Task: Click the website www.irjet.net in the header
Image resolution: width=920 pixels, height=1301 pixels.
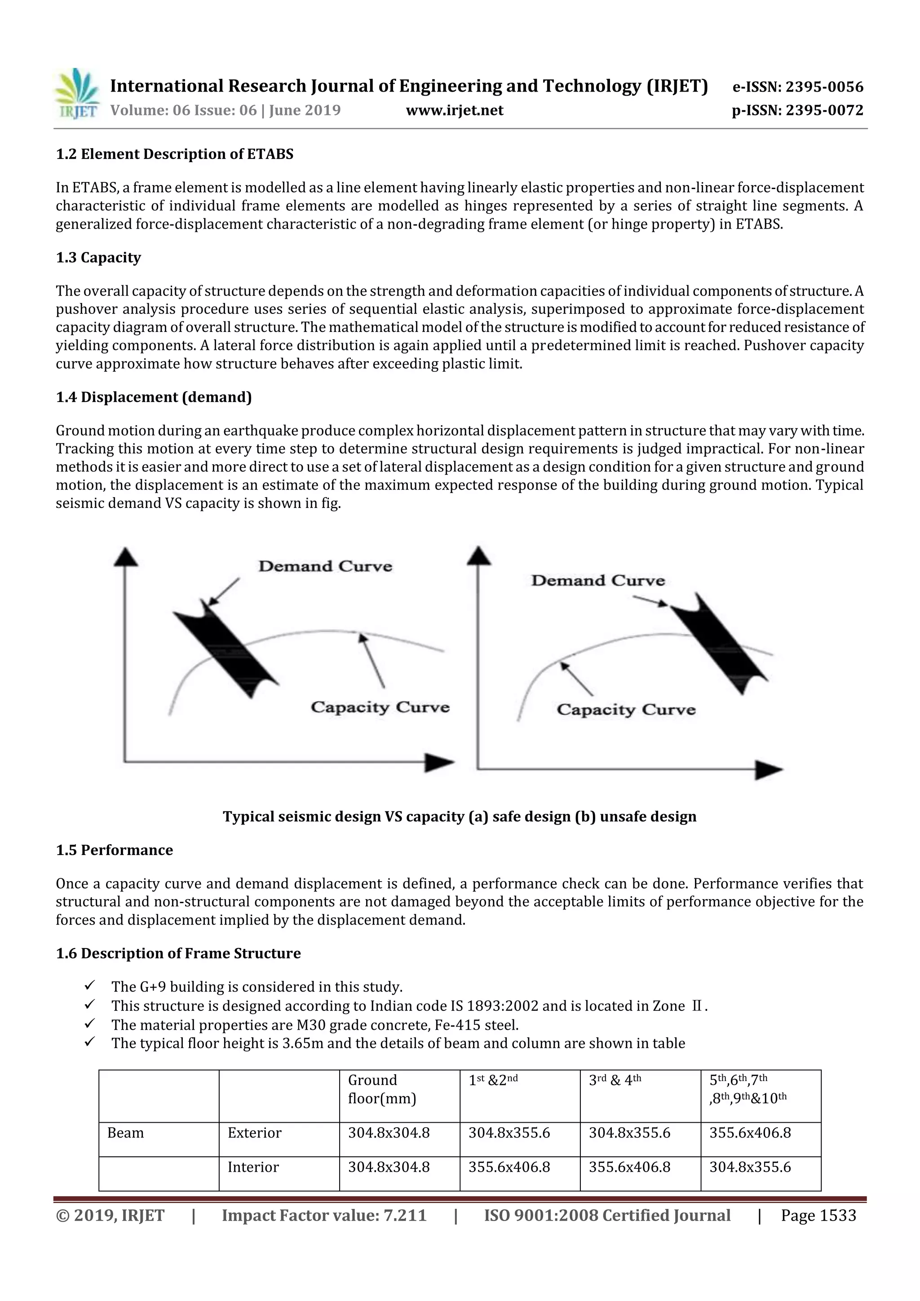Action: (454, 110)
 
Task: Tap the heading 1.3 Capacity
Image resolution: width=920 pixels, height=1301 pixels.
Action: (98, 258)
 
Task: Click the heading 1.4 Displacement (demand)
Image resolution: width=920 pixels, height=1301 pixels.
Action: (154, 397)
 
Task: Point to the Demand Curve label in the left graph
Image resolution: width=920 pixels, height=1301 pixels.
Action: (325, 566)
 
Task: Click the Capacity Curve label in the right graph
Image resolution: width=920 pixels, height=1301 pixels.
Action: (625, 710)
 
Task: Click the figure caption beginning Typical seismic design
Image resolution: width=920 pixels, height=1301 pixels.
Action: (459, 816)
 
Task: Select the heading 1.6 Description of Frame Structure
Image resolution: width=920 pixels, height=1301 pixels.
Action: (178, 954)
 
